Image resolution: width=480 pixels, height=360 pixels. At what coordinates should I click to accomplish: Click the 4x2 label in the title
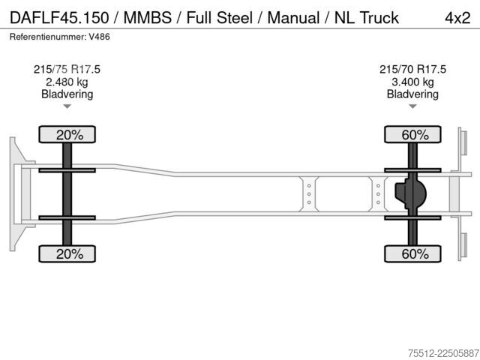tap(457, 18)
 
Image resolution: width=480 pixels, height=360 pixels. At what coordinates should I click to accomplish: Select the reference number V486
tap(99, 37)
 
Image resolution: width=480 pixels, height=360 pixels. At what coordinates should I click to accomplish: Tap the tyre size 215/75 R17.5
tap(67, 69)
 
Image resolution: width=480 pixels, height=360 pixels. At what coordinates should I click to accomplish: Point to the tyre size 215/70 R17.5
tap(412, 69)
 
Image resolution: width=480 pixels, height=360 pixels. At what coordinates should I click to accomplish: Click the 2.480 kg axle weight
tap(67, 82)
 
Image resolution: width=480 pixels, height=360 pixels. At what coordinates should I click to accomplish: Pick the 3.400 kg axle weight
tap(412, 82)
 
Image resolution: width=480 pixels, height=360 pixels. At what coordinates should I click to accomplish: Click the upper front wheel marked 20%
tap(67, 134)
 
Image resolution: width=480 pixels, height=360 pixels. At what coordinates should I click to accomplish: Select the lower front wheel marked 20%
tap(67, 253)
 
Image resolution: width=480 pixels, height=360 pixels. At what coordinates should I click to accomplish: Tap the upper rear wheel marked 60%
tap(412, 134)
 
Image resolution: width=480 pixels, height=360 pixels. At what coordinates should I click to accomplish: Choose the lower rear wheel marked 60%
tap(412, 253)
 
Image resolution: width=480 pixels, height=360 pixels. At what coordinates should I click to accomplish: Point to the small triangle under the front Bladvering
tap(67, 106)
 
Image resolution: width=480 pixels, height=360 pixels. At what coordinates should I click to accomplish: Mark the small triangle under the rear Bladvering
tap(412, 106)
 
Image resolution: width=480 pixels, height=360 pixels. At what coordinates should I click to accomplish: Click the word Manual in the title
tap(293, 18)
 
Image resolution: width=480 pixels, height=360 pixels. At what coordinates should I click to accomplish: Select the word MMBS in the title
tap(147, 18)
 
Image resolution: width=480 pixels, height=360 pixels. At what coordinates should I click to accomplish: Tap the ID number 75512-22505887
tap(443, 353)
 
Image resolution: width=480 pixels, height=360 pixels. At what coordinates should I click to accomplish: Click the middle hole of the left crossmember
tap(309, 194)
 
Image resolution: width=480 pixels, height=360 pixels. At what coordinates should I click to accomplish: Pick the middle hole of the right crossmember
tap(378, 194)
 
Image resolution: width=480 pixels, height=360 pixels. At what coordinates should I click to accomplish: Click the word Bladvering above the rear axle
tap(412, 94)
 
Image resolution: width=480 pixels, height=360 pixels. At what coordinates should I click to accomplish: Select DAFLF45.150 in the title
tap(59, 18)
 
